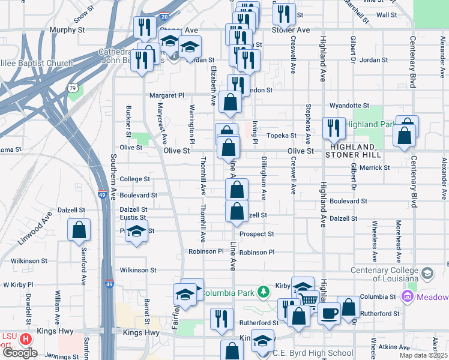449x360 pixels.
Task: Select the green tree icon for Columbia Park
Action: click(x=262, y=292)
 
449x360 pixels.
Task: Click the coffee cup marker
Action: click(x=328, y=313)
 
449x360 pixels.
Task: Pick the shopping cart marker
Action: click(x=308, y=299)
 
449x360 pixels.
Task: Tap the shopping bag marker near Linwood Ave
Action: click(x=79, y=229)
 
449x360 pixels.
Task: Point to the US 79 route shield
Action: click(x=73, y=88)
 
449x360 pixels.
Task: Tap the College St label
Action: click(x=134, y=179)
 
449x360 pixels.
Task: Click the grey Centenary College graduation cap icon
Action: click(x=427, y=273)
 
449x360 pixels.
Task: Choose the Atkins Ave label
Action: click(x=394, y=347)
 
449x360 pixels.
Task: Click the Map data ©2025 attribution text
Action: click(x=423, y=355)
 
